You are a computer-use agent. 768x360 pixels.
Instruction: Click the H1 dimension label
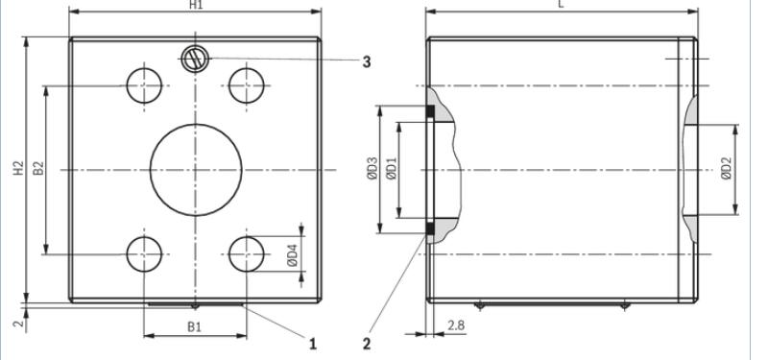196,4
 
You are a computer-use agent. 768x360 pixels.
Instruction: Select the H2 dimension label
18,168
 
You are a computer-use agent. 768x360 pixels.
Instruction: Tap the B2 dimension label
38,168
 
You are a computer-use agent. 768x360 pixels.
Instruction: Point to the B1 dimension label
195,326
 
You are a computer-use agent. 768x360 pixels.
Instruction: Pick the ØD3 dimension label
372,168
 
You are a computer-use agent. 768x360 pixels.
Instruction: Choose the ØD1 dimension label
392,169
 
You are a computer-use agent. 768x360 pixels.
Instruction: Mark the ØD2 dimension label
727,169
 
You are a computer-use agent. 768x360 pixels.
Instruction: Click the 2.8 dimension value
455,325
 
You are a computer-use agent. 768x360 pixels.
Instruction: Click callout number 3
367,62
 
